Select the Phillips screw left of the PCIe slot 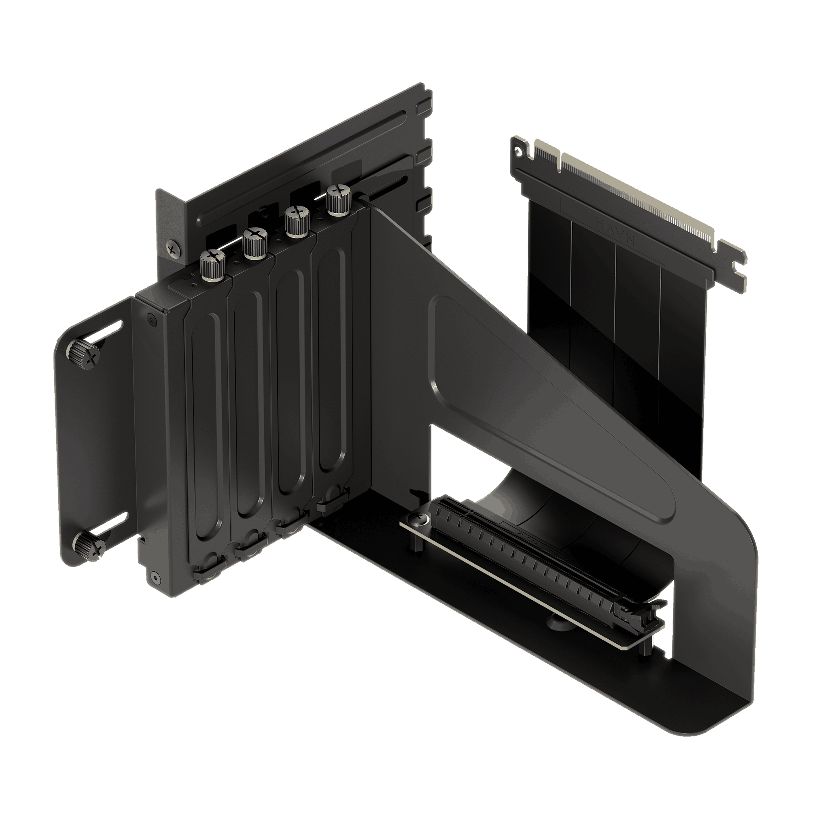click(x=418, y=519)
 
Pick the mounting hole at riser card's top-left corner click(x=518, y=150)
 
